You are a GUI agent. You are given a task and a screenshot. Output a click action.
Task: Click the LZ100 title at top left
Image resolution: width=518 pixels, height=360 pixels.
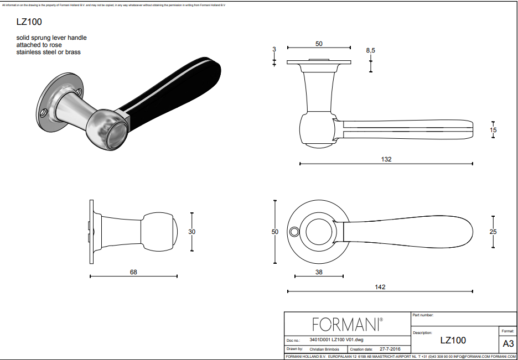(x=29, y=22)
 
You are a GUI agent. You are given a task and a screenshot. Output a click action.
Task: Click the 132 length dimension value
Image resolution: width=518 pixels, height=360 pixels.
(x=386, y=159)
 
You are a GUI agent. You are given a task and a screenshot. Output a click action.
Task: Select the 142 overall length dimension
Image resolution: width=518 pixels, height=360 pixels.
(x=380, y=286)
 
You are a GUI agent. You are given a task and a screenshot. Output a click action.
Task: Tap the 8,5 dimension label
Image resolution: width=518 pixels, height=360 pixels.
(x=370, y=50)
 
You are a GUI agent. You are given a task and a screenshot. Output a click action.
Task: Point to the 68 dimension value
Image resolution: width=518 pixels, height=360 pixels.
(x=133, y=272)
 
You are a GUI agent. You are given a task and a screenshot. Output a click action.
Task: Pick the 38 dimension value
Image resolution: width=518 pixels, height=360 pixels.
(x=319, y=272)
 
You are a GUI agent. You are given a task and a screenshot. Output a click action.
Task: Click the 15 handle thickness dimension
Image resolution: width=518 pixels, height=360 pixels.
(x=493, y=130)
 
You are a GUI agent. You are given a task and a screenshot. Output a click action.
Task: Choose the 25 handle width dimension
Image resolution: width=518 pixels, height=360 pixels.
(x=493, y=232)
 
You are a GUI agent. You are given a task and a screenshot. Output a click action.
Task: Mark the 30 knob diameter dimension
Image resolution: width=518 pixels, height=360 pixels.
(x=192, y=232)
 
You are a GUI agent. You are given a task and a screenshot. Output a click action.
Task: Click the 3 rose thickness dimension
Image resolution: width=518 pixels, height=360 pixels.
(x=274, y=49)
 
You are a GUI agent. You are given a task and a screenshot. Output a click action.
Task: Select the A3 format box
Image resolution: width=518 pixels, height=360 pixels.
(x=507, y=343)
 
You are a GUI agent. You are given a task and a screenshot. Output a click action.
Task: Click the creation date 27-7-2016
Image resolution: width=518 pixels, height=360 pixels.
(x=390, y=349)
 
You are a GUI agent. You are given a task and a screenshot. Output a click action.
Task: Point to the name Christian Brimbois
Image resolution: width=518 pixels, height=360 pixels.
(x=325, y=349)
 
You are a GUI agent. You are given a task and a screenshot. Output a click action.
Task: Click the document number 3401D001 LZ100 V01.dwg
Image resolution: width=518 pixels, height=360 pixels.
(x=336, y=340)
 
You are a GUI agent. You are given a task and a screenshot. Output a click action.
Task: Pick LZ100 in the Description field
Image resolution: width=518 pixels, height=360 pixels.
(x=453, y=341)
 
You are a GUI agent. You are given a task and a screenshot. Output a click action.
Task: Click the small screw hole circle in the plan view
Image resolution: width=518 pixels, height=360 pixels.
(x=293, y=231)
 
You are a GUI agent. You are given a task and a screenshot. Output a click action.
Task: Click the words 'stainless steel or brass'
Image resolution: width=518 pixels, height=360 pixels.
(x=49, y=52)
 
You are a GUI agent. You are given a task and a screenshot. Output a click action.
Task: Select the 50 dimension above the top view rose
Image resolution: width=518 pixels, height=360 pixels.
(x=319, y=44)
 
